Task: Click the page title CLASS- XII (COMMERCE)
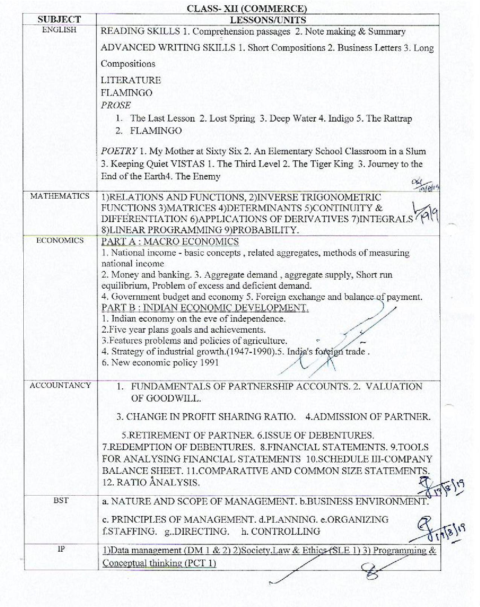point(246,8)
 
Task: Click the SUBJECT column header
point(59,20)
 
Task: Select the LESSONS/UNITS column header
point(268,20)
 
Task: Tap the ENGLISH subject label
point(59,30)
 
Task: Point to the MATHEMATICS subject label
point(60,196)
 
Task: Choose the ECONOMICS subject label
point(60,240)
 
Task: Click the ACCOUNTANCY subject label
point(60,385)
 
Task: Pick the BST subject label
point(61,501)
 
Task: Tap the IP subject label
point(61,549)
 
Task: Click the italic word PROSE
point(116,105)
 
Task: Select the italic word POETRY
point(119,151)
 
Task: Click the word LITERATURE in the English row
point(131,80)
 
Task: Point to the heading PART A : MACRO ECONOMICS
point(170,242)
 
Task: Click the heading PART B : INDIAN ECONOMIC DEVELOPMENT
point(205,307)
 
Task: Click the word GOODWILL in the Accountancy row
point(173,399)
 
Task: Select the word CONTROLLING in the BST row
point(285,531)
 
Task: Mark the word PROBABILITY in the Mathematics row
point(265,230)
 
